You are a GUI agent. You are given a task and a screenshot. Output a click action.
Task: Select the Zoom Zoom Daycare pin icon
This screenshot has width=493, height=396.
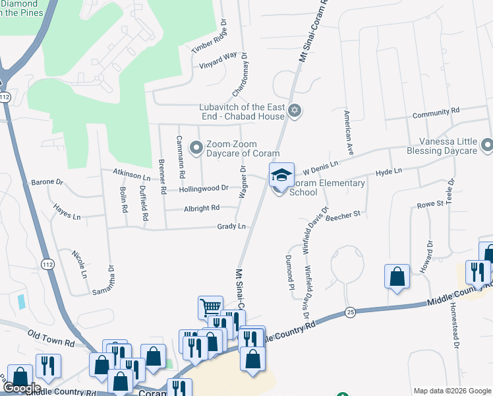(x=196, y=148)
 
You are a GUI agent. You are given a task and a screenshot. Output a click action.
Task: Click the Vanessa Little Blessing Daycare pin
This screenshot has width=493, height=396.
(x=487, y=144)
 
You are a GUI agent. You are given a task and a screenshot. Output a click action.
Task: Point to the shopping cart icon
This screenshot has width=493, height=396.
(x=210, y=307)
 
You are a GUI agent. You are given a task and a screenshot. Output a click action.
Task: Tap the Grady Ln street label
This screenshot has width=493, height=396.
(x=231, y=226)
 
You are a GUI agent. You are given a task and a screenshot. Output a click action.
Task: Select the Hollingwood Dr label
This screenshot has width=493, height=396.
(x=204, y=188)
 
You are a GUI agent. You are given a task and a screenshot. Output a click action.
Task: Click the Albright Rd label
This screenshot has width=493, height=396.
(x=202, y=208)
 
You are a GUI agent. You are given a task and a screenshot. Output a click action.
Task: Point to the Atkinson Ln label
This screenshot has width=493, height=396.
(x=132, y=175)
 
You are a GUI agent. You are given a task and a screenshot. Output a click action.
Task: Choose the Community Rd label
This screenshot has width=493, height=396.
(x=436, y=114)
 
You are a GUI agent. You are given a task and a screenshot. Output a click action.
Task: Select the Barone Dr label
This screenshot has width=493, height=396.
(x=47, y=181)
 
